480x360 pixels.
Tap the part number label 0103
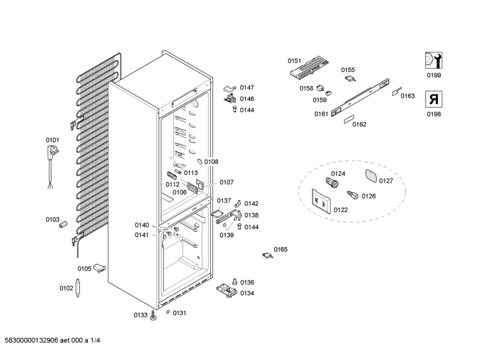pos(52,219)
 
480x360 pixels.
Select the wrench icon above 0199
pos(434,61)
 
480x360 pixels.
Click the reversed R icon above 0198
pos(434,100)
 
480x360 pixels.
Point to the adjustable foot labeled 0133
pos(153,316)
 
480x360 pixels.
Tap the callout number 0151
pos(294,61)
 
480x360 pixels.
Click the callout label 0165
pos(281,249)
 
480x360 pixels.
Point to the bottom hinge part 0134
pos(226,290)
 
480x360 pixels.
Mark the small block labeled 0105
pos(101,268)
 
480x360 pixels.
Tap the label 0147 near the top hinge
pos(247,87)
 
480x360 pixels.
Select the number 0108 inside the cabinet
pos(211,162)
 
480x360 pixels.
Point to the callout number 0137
pos(224,201)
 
